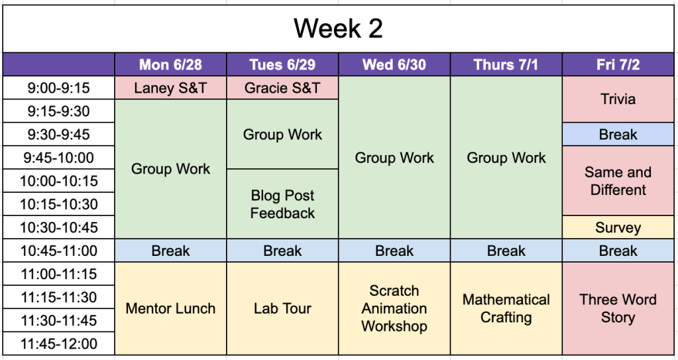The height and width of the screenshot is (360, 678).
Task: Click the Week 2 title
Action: tap(338, 29)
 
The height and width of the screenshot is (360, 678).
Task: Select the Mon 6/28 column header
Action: tap(170, 64)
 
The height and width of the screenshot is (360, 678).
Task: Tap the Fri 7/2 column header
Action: tap(618, 64)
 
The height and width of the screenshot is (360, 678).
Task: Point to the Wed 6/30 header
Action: tap(394, 64)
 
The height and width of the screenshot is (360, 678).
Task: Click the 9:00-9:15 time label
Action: tap(59, 88)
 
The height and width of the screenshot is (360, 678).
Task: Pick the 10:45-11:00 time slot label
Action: tap(59, 251)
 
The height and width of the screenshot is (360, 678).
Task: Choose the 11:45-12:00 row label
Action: tap(59, 343)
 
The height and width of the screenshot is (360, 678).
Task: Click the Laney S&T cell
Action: tap(170, 88)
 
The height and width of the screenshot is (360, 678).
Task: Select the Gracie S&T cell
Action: tap(282, 88)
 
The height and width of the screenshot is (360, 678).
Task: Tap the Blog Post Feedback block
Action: tap(282, 204)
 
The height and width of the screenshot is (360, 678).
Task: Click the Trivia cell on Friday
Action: tap(618, 99)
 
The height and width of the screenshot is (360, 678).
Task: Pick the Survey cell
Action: tap(618, 227)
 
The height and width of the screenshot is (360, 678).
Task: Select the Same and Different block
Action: tap(618, 180)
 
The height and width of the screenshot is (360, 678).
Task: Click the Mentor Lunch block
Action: tap(170, 308)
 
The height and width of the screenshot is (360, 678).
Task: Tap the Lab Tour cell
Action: tap(282, 308)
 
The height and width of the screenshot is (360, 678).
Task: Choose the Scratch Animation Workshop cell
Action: tap(394, 308)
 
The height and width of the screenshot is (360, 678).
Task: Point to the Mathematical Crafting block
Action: tap(506, 308)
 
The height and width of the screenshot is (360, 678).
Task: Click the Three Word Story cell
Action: tap(618, 308)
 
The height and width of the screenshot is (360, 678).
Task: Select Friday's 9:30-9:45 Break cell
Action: tap(618, 134)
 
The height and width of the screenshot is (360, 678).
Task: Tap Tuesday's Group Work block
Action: tap(282, 134)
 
